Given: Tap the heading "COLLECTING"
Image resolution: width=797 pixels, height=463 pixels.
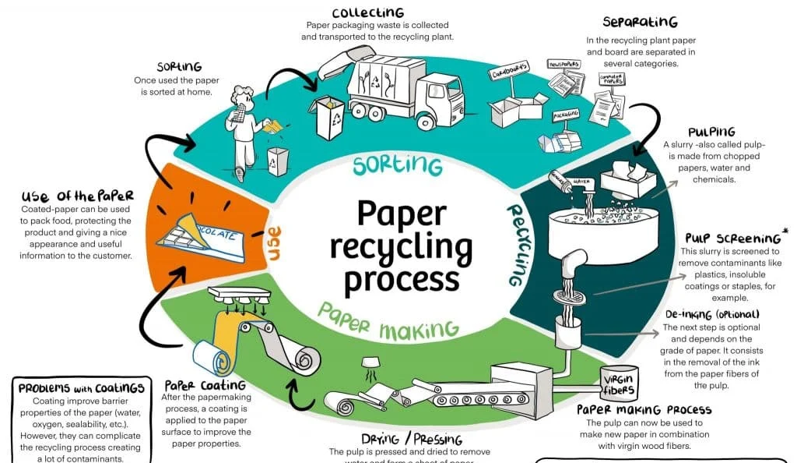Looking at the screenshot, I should (x=368, y=12).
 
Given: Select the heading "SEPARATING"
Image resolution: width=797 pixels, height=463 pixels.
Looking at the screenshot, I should (x=640, y=22).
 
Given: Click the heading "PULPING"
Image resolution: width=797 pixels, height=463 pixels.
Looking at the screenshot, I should (x=711, y=133).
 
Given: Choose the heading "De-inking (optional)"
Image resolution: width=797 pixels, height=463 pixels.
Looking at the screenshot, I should (x=711, y=314).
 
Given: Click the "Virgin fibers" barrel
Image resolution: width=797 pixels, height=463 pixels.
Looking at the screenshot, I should (x=620, y=382).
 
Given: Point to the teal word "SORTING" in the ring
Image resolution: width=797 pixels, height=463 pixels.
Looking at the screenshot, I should (x=397, y=165).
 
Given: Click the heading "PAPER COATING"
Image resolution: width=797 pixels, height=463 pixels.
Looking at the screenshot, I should (x=205, y=385).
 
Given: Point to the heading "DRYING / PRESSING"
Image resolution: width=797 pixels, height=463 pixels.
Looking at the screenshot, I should (x=412, y=439).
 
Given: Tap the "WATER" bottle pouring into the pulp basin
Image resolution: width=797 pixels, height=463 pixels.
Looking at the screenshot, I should (x=567, y=182).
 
